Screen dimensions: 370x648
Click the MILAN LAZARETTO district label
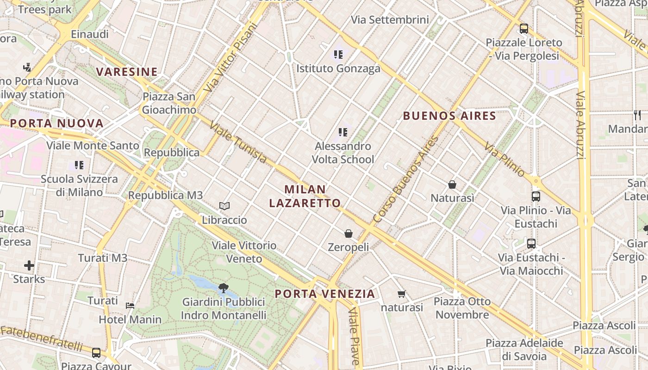tap(305, 196)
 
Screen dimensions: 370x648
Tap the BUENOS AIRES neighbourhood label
tap(449, 116)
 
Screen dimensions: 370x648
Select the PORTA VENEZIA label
tap(324, 294)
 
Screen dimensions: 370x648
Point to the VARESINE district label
tap(127, 72)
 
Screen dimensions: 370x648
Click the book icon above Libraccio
tap(224, 206)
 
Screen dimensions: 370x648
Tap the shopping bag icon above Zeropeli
tap(349, 234)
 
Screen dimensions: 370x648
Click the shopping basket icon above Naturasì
tap(452, 185)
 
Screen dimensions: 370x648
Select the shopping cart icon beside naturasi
tap(401, 294)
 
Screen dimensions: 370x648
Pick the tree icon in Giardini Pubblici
tap(224, 288)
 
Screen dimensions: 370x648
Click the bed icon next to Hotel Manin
tap(130, 306)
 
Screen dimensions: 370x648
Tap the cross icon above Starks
tap(29, 265)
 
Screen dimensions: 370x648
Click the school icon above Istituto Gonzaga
tap(338, 55)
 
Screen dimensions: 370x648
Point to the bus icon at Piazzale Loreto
tap(524, 29)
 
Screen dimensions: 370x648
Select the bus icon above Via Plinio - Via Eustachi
tap(536, 197)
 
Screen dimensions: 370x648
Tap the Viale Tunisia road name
tap(238, 142)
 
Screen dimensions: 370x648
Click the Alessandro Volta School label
tap(343, 153)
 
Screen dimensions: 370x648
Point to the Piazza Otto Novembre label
tap(462, 308)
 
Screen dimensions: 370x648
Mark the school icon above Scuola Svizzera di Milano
tap(79, 165)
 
